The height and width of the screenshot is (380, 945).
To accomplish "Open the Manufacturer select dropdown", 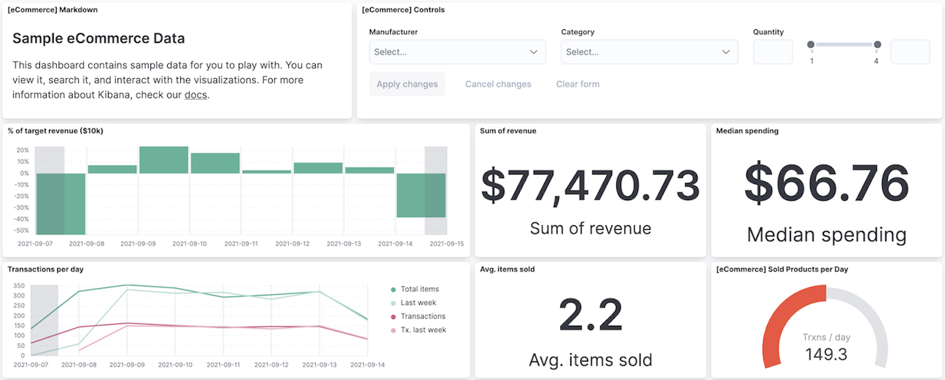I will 457,52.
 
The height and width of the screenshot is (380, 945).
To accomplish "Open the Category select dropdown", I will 649,52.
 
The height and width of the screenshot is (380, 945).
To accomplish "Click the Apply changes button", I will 407,84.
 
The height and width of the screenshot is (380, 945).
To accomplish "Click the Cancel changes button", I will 498,84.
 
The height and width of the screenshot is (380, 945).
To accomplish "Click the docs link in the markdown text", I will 196,95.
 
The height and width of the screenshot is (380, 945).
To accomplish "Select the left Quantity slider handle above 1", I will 811,45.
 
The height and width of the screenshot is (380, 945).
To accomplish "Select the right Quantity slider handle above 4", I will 877,45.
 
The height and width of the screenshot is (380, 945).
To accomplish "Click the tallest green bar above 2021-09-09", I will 163,160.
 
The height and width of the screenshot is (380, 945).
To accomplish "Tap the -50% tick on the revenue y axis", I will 22,231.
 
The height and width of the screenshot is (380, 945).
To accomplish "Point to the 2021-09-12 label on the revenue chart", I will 292,244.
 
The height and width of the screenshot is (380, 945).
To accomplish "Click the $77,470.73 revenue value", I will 590,185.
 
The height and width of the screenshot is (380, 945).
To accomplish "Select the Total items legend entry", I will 419,289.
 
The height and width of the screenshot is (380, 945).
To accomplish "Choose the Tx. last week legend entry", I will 423,330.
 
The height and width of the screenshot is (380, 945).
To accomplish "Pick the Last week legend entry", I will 418,303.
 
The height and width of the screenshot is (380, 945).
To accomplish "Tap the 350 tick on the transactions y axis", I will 19,286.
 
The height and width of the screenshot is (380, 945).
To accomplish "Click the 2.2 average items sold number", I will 590,315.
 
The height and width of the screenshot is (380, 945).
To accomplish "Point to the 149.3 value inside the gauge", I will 826,355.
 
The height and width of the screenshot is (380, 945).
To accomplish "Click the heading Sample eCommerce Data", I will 98,39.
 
